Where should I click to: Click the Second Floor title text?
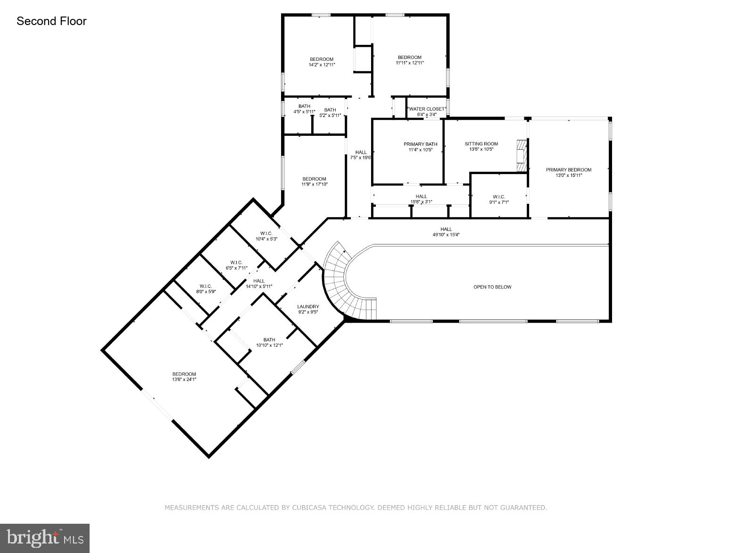[51, 21]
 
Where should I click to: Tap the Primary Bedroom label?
[568, 170]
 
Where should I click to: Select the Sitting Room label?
[481, 144]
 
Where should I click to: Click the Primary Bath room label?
[420, 144]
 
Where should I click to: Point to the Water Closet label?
[426, 109]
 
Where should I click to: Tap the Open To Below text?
[492, 287]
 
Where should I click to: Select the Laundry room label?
[308, 307]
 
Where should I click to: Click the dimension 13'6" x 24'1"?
[184, 379]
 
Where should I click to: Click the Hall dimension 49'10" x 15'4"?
[446, 235]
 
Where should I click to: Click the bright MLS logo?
[45, 538]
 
